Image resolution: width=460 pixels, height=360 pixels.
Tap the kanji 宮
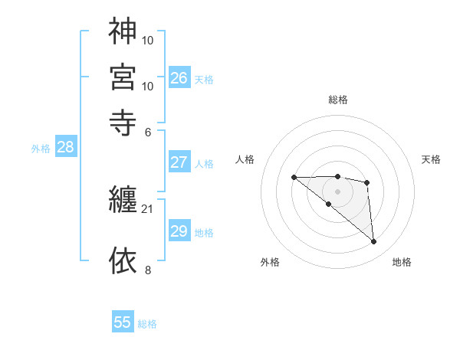pos(123,77)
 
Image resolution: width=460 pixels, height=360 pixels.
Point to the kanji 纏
pos(123,201)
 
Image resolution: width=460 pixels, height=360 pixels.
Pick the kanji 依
pos(123,260)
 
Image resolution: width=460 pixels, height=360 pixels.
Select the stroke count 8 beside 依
pos(149,269)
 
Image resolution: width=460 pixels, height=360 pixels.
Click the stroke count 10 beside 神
pos(149,39)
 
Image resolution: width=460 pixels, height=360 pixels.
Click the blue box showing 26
pos(179,77)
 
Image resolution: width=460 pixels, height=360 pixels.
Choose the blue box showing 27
pos(179,162)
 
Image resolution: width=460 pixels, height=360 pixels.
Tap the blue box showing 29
pos(179,231)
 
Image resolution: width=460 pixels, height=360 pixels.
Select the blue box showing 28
pos(65,148)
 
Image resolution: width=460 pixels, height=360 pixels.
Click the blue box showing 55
pos(123,322)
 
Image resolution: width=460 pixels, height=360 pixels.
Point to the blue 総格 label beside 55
pos(147,324)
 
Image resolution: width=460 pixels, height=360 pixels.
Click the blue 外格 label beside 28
pos(41,149)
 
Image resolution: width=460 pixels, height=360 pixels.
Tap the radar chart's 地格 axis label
pos(402,263)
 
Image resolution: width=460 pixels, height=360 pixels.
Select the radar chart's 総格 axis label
pos(338,100)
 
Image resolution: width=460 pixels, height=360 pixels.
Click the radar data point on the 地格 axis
pos(374,242)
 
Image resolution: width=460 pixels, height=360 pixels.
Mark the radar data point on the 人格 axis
pos(294,177)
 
